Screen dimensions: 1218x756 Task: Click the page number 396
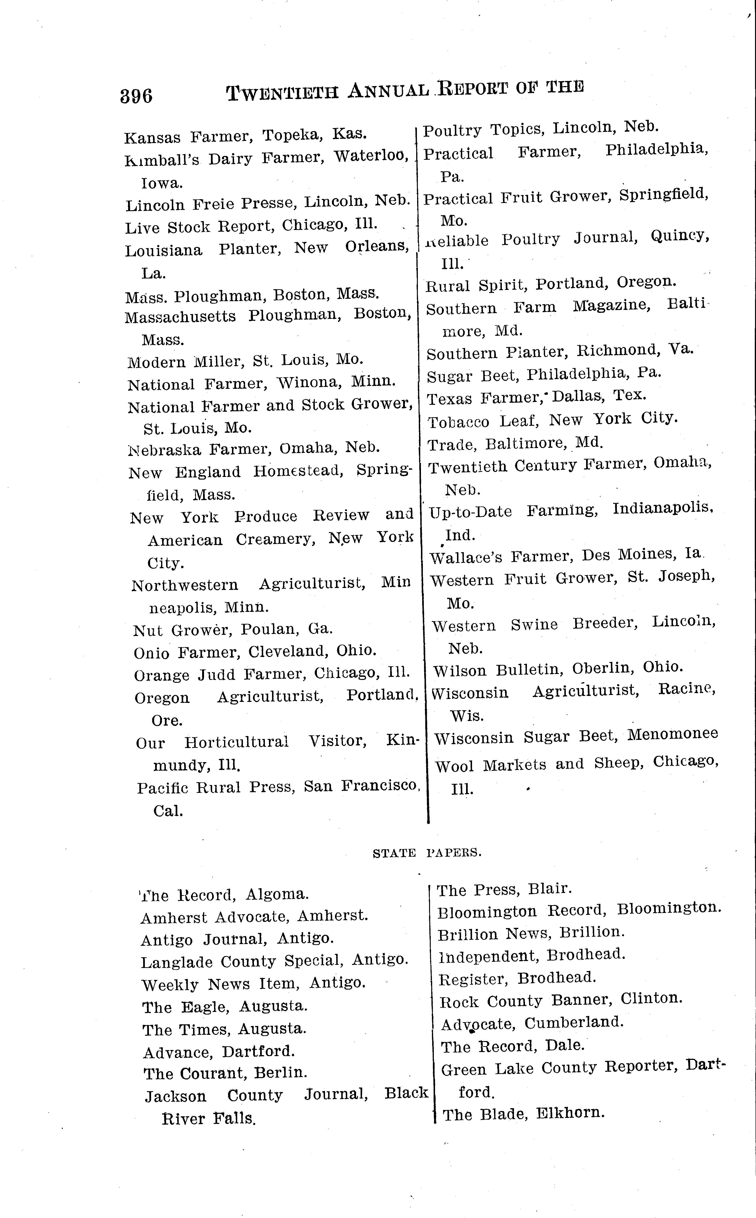click(x=136, y=95)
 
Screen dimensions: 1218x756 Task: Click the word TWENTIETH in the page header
click(x=283, y=93)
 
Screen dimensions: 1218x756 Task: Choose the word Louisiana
click(x=163, y=250)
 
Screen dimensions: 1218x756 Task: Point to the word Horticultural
click(x=236, y=742)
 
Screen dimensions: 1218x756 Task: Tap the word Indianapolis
click(x=662, y=508)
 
